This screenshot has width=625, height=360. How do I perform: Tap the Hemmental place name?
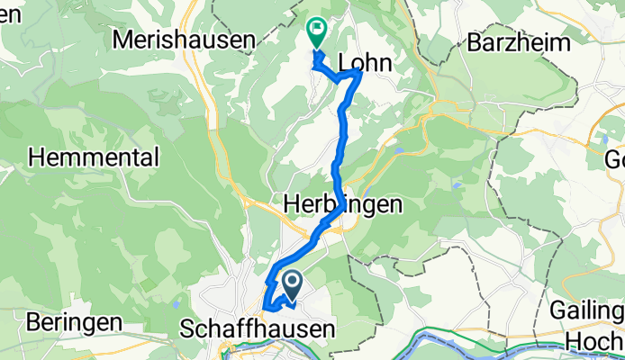pos(94,157)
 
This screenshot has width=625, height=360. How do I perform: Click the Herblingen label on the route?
pos(341,205)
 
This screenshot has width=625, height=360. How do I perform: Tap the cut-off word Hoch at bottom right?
pos(594,342)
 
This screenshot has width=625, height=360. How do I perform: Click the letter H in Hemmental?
pos(37,157)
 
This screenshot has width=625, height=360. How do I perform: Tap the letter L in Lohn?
pos(343,60)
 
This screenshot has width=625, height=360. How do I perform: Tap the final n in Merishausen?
pos(249,39)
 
